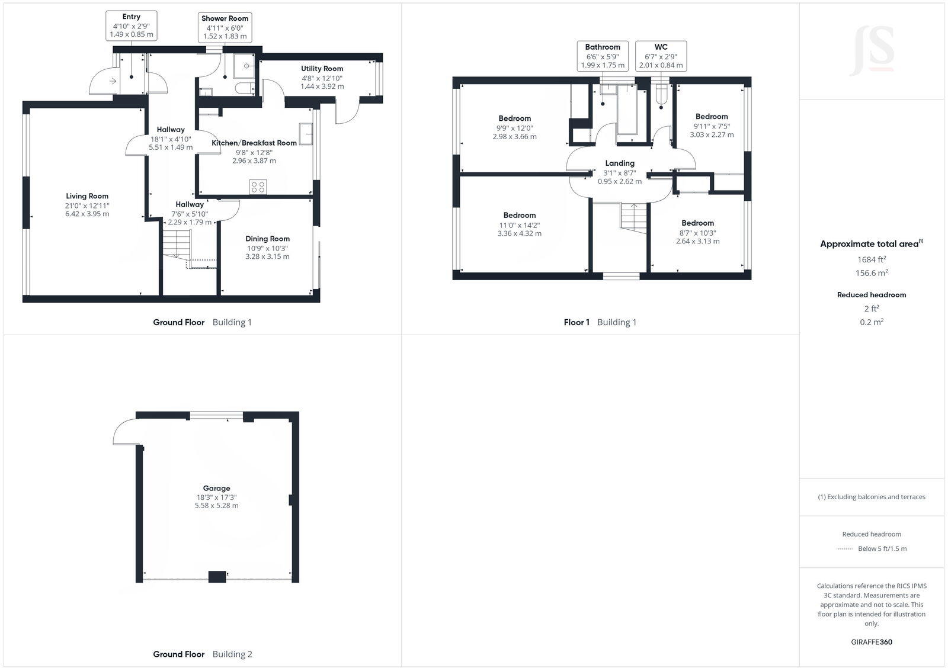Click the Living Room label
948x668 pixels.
87,196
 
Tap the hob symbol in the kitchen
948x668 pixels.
258,187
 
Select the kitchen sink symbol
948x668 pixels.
306,134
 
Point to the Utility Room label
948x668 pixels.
322,69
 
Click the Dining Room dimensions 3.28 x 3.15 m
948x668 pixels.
267,256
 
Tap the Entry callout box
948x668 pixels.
132,25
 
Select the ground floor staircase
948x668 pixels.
177,244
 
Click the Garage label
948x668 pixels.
216,488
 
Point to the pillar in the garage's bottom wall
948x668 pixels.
217,576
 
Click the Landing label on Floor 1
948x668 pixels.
620,163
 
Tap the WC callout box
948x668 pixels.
661,56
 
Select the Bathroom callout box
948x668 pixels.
603,56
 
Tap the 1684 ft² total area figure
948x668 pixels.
872,259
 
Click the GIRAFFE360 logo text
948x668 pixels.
872,642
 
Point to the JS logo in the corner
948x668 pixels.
872,51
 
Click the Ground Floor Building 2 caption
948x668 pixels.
203,654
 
